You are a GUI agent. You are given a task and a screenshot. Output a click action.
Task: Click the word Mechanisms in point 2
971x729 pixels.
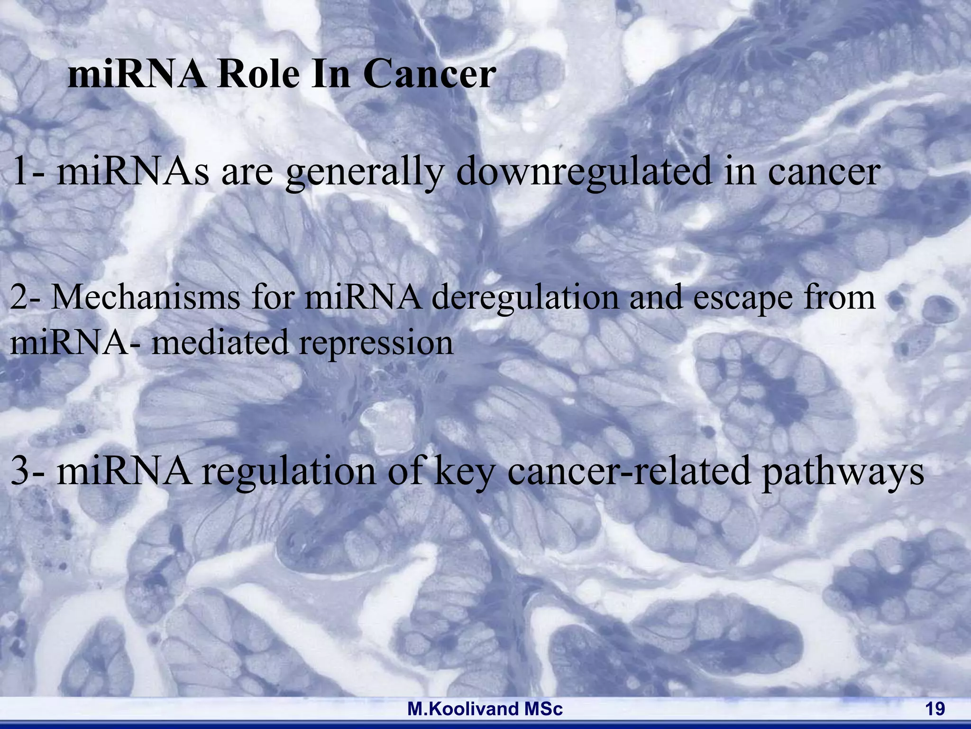pos(146,298)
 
